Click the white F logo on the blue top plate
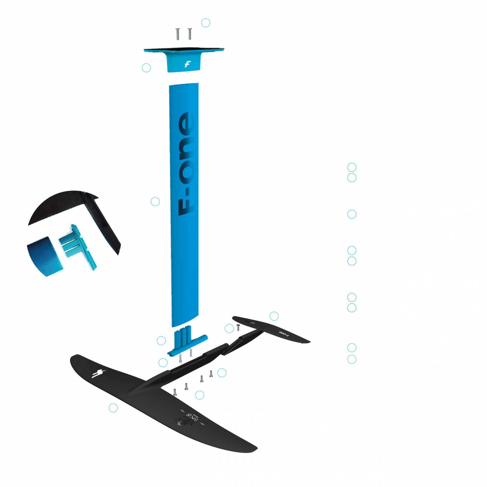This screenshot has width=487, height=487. [x=187, y=64]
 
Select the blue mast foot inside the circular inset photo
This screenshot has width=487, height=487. [x=76, y=246]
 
